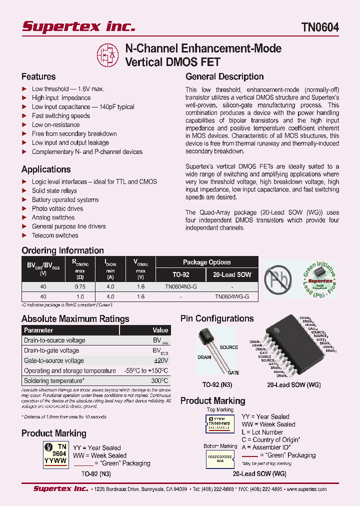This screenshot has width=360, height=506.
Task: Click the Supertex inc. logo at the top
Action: click(78, 26)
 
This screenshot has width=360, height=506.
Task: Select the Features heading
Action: click(38, 76)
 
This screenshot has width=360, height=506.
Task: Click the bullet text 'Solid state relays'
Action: click(54, 190)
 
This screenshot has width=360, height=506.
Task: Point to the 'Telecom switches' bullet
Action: click(55, 235)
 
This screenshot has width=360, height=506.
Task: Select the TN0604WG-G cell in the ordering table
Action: click(232, 296)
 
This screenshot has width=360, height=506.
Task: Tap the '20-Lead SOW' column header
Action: click(232, 274)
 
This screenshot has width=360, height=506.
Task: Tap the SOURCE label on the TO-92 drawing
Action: click(229, 347)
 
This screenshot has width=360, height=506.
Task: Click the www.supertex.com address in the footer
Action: click(306, 489)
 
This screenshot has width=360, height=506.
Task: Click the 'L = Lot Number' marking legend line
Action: click(262, 432)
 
